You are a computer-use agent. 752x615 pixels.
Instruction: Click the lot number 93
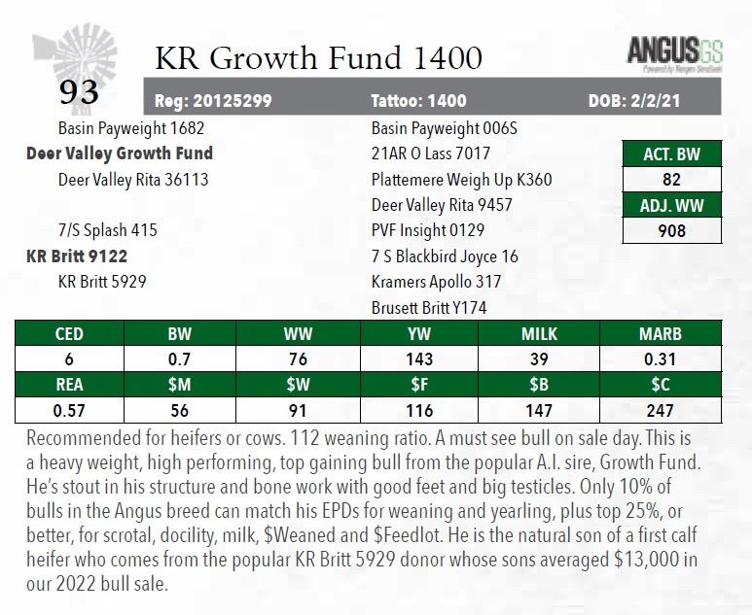(79, 92)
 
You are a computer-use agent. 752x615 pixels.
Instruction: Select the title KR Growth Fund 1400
(318, 58)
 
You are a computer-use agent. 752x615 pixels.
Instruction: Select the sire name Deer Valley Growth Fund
(120, 154)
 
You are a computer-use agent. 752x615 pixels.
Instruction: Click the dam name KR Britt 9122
(77, 256)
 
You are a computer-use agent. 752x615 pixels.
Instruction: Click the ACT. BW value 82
(671, 180)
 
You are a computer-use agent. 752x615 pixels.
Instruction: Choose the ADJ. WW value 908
(671, 230)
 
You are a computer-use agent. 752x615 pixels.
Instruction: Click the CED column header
(68, 334)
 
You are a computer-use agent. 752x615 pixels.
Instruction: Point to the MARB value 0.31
(661, 359)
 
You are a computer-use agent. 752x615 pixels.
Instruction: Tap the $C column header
(661, 386)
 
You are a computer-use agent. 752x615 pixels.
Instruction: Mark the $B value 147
(539, 411)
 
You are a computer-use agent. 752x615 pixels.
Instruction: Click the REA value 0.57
(68, 411)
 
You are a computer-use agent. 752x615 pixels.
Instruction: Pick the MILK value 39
(539, 359)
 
